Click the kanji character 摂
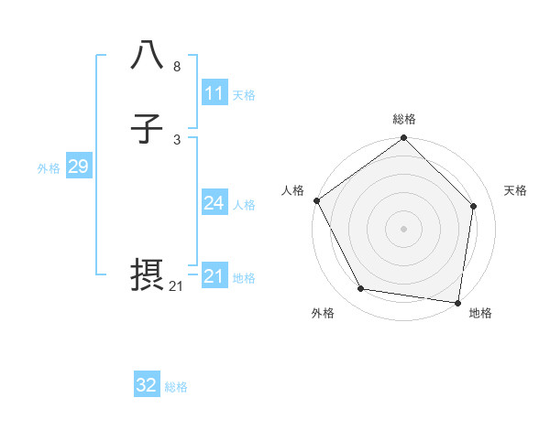[x=148, y=276]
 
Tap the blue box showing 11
[x=214, y=93]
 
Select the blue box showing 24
[x=214, y=203]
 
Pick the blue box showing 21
[x=214, y=276]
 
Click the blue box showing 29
[x=78, y=167]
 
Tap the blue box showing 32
[x=147, y=385]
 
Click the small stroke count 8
[x=177, y=67]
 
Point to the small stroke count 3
[x=177, y=140]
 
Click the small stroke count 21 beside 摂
[x=176, y=286]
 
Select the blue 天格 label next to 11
[x=244, y=95]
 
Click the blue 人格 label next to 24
[x=244, y=205]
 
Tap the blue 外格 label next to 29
[x=49, y=168]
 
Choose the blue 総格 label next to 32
[x=176, y=387]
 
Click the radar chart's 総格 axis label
[x=404, y=119]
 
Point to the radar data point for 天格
[x=474, y=206]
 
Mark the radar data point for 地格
[x=457, y=301]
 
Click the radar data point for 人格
[x=316, y=200]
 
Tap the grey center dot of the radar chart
[x=403, y=228]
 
